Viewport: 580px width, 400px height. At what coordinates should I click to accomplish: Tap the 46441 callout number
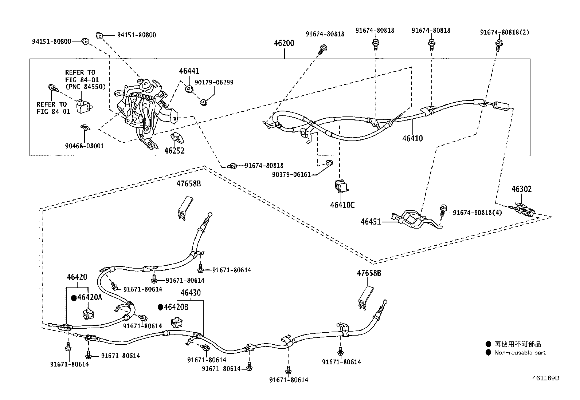coord(189,71)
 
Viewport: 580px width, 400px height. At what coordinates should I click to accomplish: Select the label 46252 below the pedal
coord(174,151)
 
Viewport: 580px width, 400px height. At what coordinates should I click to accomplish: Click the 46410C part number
coord(342,205)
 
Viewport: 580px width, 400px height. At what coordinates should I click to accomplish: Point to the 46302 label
coord(521,189)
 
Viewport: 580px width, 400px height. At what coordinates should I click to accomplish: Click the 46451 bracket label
coord(371,221)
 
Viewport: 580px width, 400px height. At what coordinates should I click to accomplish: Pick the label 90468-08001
coord(85,146)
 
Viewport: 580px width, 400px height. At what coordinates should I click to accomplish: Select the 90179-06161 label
coord(291,175)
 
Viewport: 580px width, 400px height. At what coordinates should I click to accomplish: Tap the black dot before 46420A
coord(74,298)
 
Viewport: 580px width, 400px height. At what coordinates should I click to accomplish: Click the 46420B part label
coord(176,307)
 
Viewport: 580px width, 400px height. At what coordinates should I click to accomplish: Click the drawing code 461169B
coord(545,378)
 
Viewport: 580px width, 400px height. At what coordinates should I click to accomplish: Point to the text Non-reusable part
coord(520,353)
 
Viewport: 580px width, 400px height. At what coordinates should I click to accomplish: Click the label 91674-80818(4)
coord(477,213)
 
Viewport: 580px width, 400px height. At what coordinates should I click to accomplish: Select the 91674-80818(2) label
coord(504,32)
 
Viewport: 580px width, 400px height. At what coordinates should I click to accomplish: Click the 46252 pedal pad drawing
coord(177,139)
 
